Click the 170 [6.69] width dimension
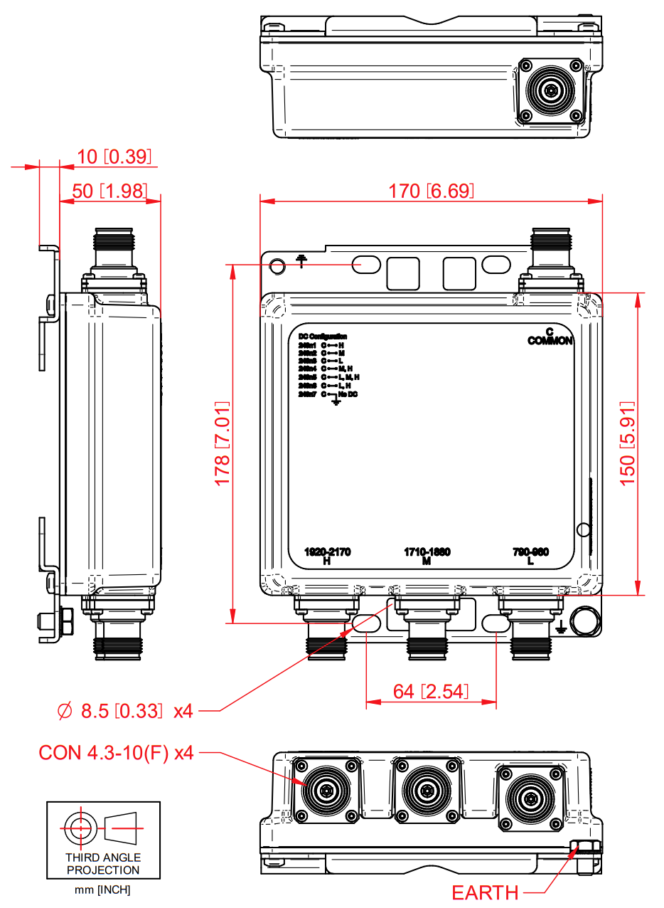click(431, 191)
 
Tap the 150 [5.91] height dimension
click(628, 444)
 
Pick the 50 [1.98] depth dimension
click(110, 191)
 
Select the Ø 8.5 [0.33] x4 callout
click(125, 710)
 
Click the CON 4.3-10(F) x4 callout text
click(117, 753)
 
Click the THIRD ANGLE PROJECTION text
click(103, 864)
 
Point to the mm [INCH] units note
click(103, 890)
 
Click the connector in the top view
click(552, 91)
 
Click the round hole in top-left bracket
click(277, 265)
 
